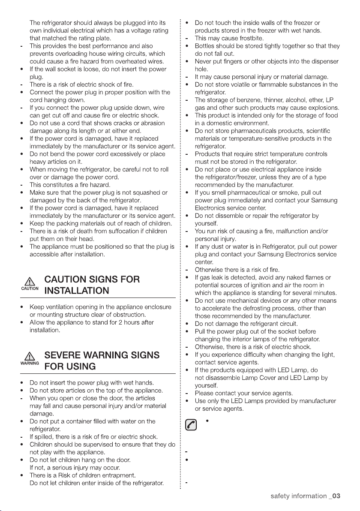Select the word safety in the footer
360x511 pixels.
point(281,496)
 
